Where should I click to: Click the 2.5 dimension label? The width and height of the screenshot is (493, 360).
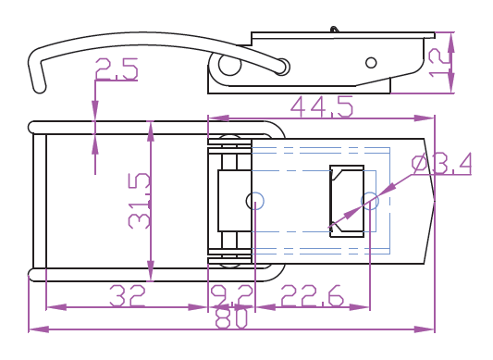(x=117, y=68)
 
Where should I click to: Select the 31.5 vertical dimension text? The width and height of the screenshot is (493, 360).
(x=140, y=201)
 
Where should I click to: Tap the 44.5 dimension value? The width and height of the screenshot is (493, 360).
(x=322, y=106)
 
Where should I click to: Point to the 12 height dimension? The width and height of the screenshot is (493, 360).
(x=438, y=64)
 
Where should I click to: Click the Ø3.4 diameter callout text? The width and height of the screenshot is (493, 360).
(x=441, y=163)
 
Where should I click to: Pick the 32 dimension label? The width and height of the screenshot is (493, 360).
(x=127, y=295)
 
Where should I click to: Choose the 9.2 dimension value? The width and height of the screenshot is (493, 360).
(x=232, y=295)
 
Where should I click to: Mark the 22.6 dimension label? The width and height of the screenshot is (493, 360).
(x=313, y=295)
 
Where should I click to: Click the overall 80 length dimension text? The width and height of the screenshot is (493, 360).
(x=232, y=318)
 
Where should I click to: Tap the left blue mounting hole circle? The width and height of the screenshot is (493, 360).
(x=255, y=201)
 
